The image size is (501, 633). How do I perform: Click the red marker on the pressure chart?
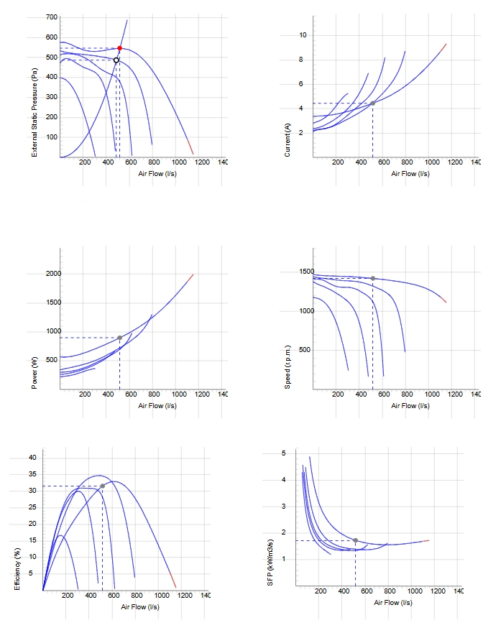(x=119, y=48)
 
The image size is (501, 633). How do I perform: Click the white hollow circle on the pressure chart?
(x=116, y=60)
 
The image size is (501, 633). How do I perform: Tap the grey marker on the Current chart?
(x=372, y=103)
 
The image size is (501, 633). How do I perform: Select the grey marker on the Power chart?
(x=119, y=338)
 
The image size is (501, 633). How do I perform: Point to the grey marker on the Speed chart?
(x=372, y=278)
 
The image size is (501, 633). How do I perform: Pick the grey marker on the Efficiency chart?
(x=103, y=486)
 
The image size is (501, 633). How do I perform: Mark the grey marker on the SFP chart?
(x=355, y=540)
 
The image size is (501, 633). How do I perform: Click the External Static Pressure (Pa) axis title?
(x=35, y=112)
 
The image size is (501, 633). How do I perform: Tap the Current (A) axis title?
(x=287, y=139)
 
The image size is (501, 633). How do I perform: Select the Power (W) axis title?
(x=35, y=373)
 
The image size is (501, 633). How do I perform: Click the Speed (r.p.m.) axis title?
(x=287, y=367)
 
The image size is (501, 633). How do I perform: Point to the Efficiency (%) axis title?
(x=17, y=569)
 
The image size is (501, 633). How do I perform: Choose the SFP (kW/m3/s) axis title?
(x=270, y=563)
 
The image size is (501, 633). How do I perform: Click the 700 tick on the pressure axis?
(x=52, y=17)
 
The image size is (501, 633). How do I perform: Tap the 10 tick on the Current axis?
(x=303, y=35)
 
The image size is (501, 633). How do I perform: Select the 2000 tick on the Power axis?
(x=53, y=273)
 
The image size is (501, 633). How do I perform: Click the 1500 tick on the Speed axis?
(x=306, y=272)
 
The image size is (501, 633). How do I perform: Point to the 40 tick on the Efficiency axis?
(x=32, y=458)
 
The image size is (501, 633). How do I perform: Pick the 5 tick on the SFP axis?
(x=283, y=453)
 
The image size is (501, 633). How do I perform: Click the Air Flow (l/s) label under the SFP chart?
(x=392, y=602)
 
